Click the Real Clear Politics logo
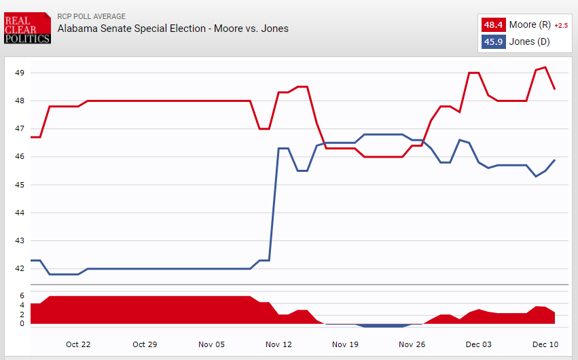[x=26, y=29]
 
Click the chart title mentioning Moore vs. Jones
[x=173, y=29]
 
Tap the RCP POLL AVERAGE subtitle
[x=92, y=16]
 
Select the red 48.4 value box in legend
[x=492, y=25]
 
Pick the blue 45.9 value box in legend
[x=492, y=41]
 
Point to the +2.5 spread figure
[x=561, y=26]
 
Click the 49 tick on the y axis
[x=20, y=73]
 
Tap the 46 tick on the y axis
[x=20, y=157]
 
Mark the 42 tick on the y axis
[x=20, y=269]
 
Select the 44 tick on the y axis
[x=20, y=213]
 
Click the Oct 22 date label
[x=78, y=344]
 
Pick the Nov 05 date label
[x=211, y=344]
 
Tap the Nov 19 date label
[x=344, y=344]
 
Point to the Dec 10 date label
[x=545, y=344]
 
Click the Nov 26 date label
[x=412, y=344]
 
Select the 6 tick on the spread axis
[x=22, y=296]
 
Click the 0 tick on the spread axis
[x=22, y=324]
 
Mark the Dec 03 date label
[x=478, y=344]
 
